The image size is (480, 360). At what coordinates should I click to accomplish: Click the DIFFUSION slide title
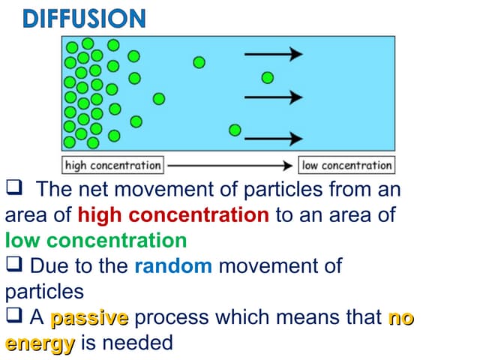pyautogui.click(x=83, y=18)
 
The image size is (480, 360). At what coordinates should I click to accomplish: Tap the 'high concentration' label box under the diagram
pyautogui.click(x=113, y=165)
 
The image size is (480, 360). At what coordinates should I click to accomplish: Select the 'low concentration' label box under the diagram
pyautogui.click(x=346, y=165)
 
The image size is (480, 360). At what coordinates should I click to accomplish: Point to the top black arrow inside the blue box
pyautogui.click(x=274, y=54)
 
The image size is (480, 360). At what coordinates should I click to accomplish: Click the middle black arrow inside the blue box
pyautogui.click(x=274, y=97)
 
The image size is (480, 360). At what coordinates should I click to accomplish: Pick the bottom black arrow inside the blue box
pyautogui.click(x=274, y=139)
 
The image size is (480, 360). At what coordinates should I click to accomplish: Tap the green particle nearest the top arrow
pyautogui.click(x=199, y=62)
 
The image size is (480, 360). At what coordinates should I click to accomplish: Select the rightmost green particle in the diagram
pyautogui.click(x=268, y=77)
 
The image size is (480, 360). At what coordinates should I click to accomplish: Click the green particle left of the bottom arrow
pyautogui.click(x=235, y=130)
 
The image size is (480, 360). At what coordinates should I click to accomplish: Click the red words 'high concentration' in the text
pyautogui.click(x=172, y=216)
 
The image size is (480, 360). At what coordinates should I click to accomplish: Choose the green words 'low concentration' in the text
pyautogui.click(x=96, y=241)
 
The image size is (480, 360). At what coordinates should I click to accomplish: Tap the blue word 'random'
pyautogui.click(x=173, y=265)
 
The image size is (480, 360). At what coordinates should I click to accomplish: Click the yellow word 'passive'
pyautogui.click(x=89, y=318)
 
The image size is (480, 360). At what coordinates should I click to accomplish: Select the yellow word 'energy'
pyautogui.click(x=40, y=343)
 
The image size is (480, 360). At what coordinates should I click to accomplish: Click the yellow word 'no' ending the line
pyautogui.click(x=401, y=318)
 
